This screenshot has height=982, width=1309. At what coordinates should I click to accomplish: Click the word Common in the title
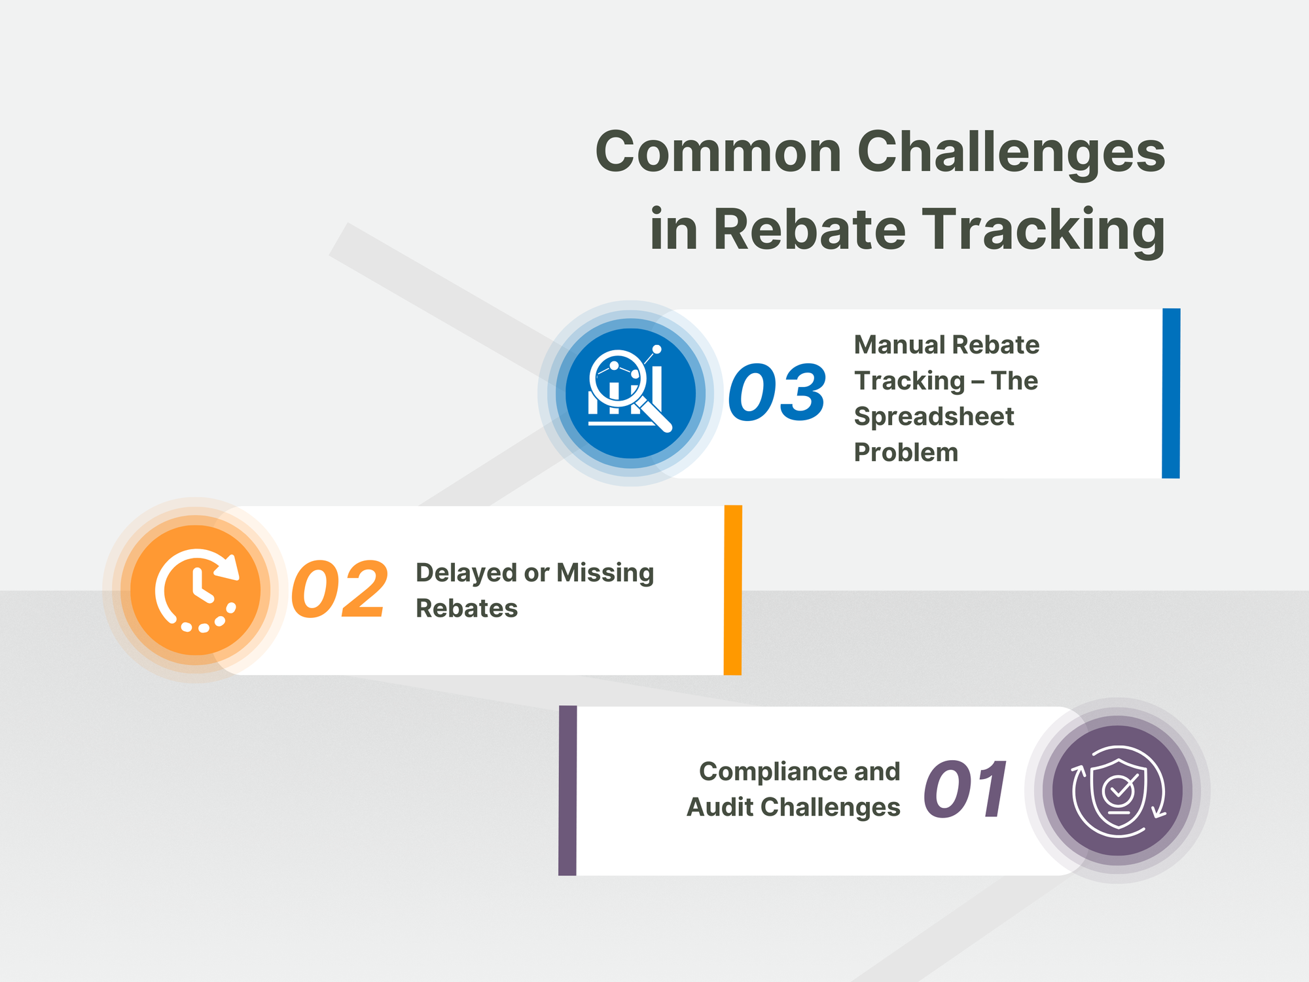click(718, 152)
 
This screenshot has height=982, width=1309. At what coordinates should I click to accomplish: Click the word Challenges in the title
click(1011, 152)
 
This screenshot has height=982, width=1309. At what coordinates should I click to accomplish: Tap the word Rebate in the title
click(809, 229)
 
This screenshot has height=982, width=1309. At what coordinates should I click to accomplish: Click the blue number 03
click(777, 393)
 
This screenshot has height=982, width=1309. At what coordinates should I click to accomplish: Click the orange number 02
click(340, 590)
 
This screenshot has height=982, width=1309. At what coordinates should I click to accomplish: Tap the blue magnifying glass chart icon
click(630, 393)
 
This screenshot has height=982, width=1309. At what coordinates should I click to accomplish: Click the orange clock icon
click(196, 590)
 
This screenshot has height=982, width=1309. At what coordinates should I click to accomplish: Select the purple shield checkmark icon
click(1118, 790)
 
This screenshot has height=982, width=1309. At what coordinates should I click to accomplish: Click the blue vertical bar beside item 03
click(1171, 393)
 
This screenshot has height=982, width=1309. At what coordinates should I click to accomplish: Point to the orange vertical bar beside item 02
click(733, 590)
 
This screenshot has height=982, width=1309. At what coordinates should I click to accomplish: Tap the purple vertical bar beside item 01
click(567, 790)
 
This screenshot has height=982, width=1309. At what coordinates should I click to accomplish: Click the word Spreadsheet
click(934, 416)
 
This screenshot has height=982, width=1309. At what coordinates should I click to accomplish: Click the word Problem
click(906, 452)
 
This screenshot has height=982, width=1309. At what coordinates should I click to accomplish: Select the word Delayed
click(466, 573)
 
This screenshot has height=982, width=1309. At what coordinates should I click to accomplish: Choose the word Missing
click(605, 573)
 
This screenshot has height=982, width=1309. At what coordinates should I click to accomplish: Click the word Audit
click(720, 807)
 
